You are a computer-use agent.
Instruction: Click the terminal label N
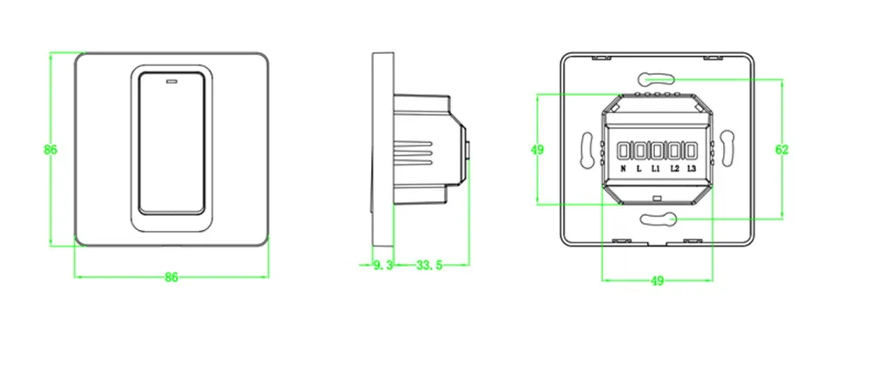tap(624, 168)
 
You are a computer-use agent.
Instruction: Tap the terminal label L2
tap(675, 168)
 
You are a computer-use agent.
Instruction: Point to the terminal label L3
tap(692, 168)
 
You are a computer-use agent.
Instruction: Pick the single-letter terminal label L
tap(639, 168)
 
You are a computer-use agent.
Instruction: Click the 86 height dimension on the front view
tap(51, 150)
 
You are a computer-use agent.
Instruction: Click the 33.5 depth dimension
tap(428, 265)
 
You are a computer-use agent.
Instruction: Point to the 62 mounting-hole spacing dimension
tap(781, 150)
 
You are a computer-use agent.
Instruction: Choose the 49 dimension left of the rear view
tap(537, 150)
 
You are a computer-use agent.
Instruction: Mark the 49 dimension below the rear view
tap(658, 281)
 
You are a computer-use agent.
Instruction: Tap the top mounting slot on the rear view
tap(657, 77)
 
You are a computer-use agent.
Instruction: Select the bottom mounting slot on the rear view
tap(657, 220)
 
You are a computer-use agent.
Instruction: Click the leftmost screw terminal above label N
tap(624, 147)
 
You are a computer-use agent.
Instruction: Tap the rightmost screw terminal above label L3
tap(691, 147)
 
